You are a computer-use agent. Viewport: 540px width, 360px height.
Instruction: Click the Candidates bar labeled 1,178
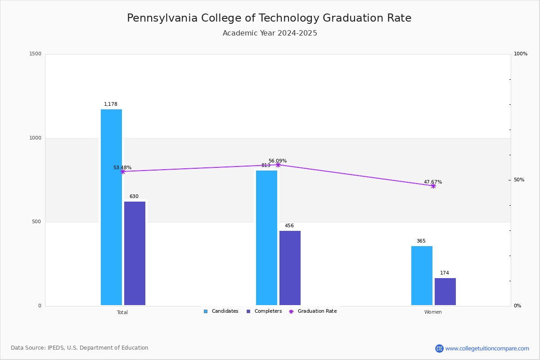(112, 207)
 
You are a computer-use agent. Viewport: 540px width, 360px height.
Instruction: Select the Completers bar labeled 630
(135, 253)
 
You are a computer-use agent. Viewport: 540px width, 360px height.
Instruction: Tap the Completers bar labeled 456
(290, 268)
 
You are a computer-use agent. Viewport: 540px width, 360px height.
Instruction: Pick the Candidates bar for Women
(422, 275)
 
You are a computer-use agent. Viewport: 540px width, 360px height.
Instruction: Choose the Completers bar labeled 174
(445, 292)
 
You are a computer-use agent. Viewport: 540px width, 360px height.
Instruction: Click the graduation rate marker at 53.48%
(123, 172)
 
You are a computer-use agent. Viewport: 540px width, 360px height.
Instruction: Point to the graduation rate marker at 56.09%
(278, 165)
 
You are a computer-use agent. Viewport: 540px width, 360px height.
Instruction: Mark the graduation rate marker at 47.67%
(433, 186)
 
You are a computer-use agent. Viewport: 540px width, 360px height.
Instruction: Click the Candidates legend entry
(221, 311)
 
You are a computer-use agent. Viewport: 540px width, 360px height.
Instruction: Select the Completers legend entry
(264, 311)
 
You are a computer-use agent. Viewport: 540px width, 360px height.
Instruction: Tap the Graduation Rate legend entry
(313, 311)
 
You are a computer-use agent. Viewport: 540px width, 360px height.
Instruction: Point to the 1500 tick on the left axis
(36, 54)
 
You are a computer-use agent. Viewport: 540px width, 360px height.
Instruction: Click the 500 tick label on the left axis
(36, 221)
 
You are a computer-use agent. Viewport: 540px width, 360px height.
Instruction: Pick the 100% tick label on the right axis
(521, 54)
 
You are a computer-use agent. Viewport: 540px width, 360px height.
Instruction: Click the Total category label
(122, 312)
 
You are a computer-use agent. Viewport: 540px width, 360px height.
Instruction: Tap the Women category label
(433, 312)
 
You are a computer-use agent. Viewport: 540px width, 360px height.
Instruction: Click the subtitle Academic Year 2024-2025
(270, 33)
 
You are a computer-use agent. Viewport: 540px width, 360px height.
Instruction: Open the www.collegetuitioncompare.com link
(487, 349)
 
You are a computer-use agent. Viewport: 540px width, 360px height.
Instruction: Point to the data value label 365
(421, 241)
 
